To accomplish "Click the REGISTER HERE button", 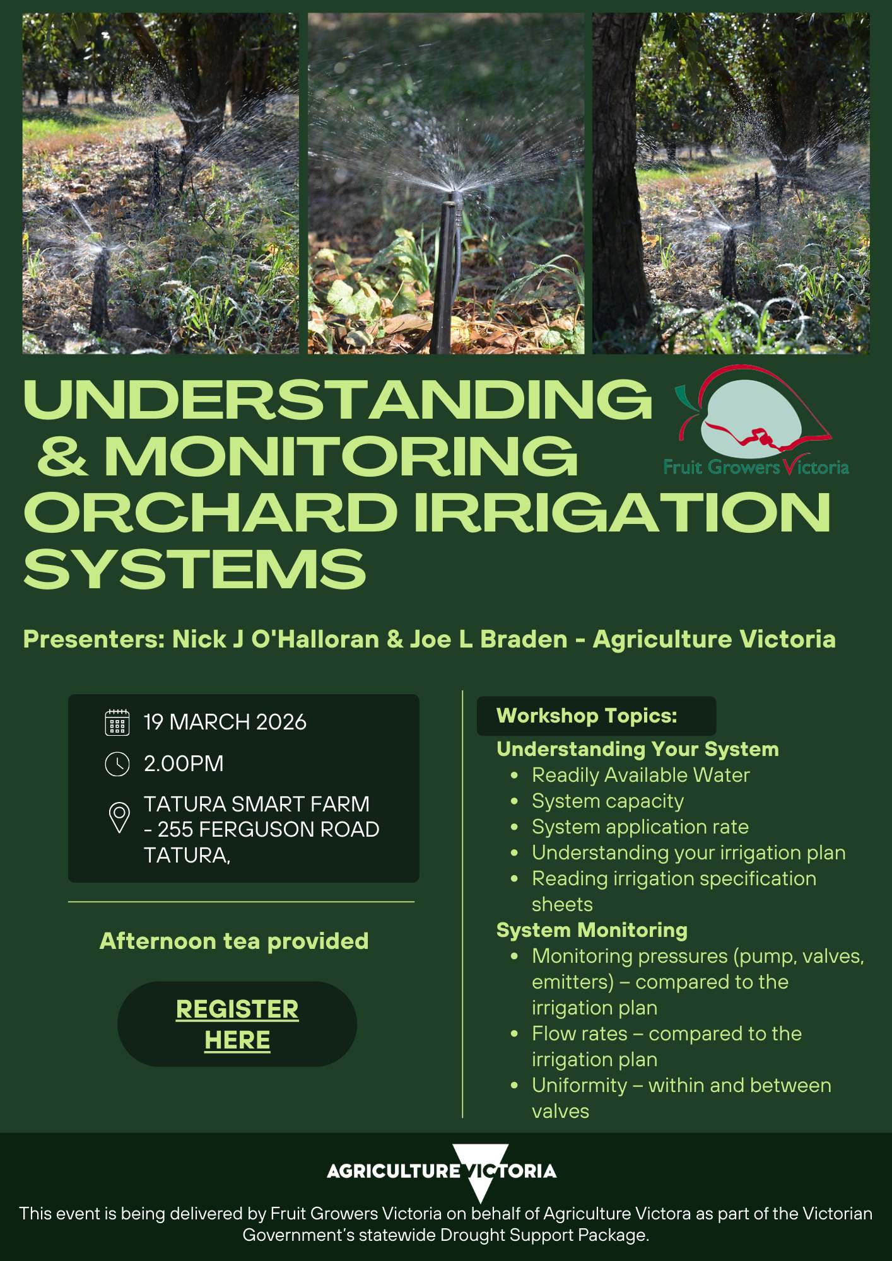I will click(237, 1024).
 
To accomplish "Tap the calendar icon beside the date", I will click(117, 723).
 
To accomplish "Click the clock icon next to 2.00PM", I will click(117, 764).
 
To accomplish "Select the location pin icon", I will click(119, 817).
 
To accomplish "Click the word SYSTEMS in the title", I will click(195, 569).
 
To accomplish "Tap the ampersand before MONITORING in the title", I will click(62, 456).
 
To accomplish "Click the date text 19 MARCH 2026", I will click(225, 722).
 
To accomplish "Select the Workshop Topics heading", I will click(587, 716).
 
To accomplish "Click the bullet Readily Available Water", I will click(640, 775).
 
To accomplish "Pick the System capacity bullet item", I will click(607, 801).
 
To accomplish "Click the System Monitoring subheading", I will click(592, 930).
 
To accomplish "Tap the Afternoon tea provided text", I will click(234, 941).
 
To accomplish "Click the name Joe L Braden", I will click(489, 639).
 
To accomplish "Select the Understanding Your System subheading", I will click(637, 749).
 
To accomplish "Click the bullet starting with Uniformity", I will click(681, 1085).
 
